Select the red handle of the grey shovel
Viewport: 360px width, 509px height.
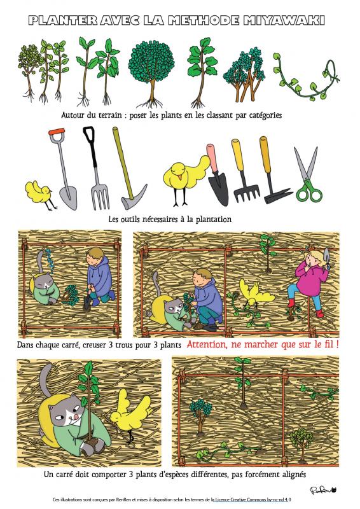(57, 132)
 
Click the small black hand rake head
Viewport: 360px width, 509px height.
(247, 192)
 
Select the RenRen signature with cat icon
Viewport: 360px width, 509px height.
(323, 490)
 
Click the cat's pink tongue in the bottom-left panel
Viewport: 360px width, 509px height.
(76, 416)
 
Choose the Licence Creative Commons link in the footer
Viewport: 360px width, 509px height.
(249, 500)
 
